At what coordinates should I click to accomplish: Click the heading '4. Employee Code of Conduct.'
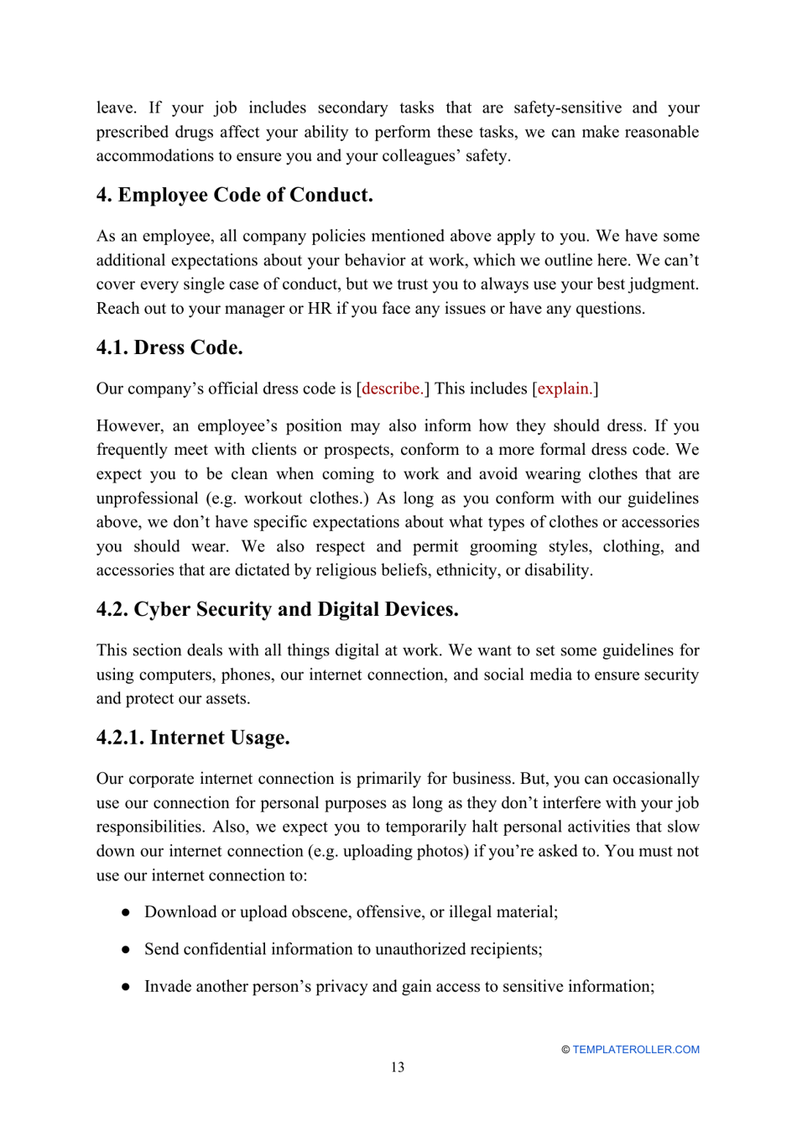coord(234,196)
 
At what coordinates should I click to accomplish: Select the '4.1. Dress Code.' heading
coord(169,348)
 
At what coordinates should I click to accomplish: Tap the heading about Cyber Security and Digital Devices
coord(277,609)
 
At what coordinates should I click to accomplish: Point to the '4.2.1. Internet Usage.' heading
coord(193,738)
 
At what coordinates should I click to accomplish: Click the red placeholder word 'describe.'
coord(392,389)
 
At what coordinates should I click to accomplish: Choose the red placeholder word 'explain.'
coord(565,389)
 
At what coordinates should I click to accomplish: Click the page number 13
coord(397,1067)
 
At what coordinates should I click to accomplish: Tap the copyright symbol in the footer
coord(565,1050)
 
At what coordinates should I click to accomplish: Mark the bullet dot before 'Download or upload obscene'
coord(126,912)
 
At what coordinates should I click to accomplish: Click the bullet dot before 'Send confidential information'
coord(126,949)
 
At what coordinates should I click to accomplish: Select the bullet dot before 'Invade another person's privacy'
coord(126,986)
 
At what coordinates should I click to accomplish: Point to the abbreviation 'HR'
coord(320,309)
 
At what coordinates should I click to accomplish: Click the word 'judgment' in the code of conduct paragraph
coord(664,284)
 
